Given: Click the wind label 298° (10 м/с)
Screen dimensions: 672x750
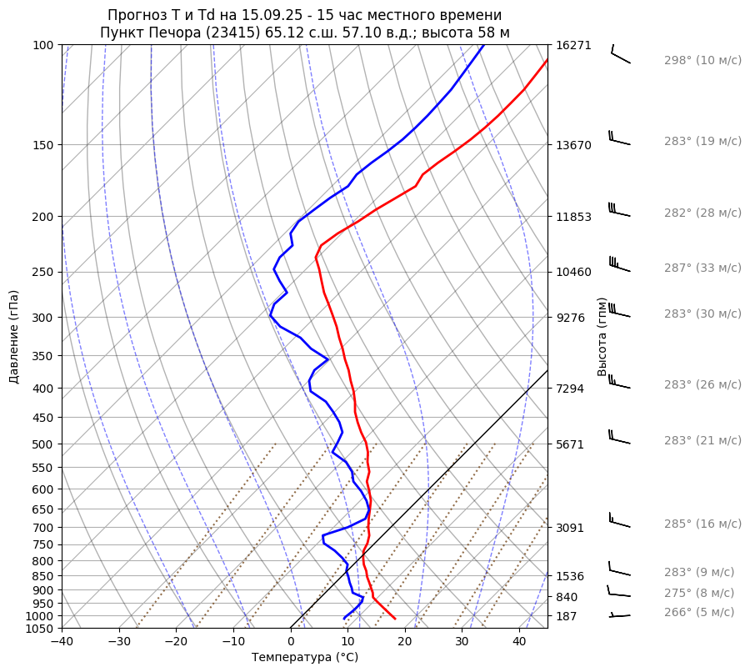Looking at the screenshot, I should click(x=702, y=61).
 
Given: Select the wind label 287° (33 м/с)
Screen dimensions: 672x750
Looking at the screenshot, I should click(x=702, y=268).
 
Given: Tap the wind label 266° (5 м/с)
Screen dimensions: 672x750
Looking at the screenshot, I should click(x=698, y=613).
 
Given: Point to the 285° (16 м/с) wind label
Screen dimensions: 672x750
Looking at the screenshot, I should click(x=702, y=524).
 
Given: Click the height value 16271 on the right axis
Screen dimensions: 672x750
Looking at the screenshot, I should click(x=573, y=46).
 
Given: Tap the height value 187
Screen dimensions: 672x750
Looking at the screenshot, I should click(x=567, y=616).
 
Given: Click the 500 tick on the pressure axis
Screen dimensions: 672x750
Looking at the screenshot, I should click(x=43, y=444).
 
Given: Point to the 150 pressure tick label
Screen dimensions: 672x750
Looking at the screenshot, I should click(x=43, y=145).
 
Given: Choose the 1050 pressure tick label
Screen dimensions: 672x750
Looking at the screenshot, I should click(x=40, y=629).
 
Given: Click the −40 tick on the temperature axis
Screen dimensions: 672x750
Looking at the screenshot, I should click(x=62, y=642).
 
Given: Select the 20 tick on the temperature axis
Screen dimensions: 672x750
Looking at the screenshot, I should click(x=404, y=642).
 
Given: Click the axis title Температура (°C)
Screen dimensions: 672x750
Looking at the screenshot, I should click(x=304, y=658).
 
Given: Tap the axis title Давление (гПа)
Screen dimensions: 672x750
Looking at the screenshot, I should click(x=14, y=337).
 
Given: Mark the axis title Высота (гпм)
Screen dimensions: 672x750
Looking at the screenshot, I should click(x=602, y=336).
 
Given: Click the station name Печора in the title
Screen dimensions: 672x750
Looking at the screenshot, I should click(x=171, y=33).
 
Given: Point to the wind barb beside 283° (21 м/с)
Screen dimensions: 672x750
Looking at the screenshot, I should click(x=618, y=437).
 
